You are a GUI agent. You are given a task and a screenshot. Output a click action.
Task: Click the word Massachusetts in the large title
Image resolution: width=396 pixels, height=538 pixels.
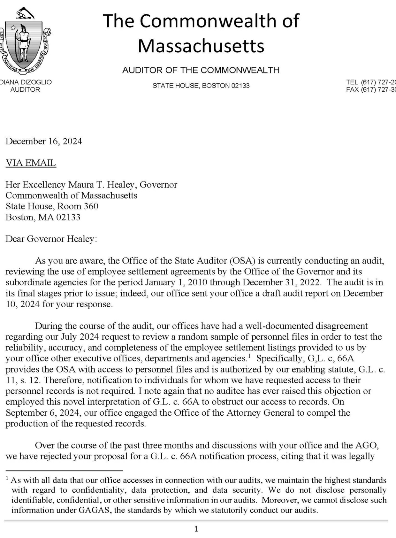(x=201, y=46)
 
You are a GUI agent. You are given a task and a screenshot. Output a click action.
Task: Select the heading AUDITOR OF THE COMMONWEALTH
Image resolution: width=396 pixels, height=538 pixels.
(x=201, y=70)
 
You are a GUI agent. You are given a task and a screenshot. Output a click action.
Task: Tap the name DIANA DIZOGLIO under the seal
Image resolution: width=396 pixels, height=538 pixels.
(x=26, y=82)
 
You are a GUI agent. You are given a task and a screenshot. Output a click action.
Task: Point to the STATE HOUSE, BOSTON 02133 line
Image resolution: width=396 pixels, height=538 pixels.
(x=201, y=86)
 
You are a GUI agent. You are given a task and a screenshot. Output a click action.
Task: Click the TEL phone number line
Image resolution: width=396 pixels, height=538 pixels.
(x=370, y=82)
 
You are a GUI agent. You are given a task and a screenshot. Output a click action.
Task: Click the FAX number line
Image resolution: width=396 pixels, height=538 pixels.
(x=370, y=89)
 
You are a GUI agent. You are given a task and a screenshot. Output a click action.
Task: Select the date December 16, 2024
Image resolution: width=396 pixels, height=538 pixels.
(x=44, y=141)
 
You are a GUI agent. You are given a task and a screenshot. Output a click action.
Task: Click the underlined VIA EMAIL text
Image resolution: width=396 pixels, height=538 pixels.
(x=31, y=163)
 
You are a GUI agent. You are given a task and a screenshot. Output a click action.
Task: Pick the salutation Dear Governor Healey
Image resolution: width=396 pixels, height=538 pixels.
(x=51, y=239)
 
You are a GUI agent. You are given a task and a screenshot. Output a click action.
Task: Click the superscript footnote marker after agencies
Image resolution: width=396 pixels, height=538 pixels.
(x=249, y=356)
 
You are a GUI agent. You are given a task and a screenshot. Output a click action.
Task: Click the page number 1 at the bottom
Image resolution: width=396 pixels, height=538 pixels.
(x=196, y=529)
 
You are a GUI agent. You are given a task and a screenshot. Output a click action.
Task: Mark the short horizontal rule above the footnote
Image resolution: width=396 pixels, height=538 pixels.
(x=64, y=471)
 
